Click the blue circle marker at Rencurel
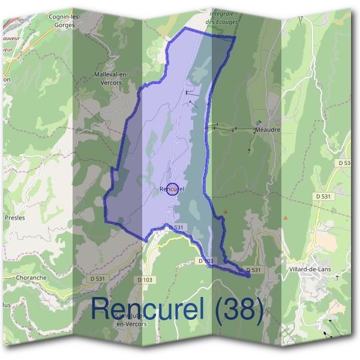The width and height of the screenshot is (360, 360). pos(172,189)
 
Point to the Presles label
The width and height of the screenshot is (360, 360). pos(15,218)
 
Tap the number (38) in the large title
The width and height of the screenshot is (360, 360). pos(239,309)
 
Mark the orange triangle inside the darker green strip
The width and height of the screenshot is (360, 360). pos(226,211)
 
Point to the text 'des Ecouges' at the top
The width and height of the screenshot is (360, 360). pos(222,22)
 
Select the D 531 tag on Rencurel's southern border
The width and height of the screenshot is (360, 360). pos(175,227)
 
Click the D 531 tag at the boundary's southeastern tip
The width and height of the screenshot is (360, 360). pos(253,270)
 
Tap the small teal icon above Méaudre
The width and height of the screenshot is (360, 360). pos(259,122)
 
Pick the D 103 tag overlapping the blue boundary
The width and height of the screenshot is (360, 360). pos(206,261)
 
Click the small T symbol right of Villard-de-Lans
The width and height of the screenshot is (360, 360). pos(337,277)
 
